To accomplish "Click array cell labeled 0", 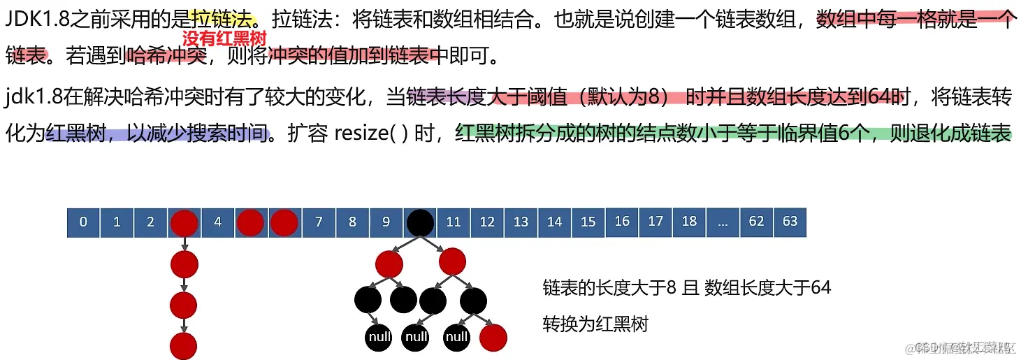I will click(x=84, y=222).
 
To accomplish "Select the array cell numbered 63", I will click(x=790, y=222).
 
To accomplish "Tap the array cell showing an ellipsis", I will click(x=723, y=222).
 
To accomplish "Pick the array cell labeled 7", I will click(x=319, y=222).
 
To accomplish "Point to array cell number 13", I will click(x=521, y=222).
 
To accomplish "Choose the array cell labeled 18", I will click(x=689, y=222).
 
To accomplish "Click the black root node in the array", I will click(x=420, y=222).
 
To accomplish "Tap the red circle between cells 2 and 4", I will click(x=184, y=222).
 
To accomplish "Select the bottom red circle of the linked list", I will click(x=184, y=345).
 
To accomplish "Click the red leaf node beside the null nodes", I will click(x=493, y=338).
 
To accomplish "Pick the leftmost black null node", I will click(x=379, y=338).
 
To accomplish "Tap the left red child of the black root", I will click(x=389, y=264).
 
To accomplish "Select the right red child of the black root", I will click(x=453, y=264).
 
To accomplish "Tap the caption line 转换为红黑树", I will click(x=595, y=324).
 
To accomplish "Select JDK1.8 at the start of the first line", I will click(x=32, y=20).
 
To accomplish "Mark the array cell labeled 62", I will click(x=756, y=222).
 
